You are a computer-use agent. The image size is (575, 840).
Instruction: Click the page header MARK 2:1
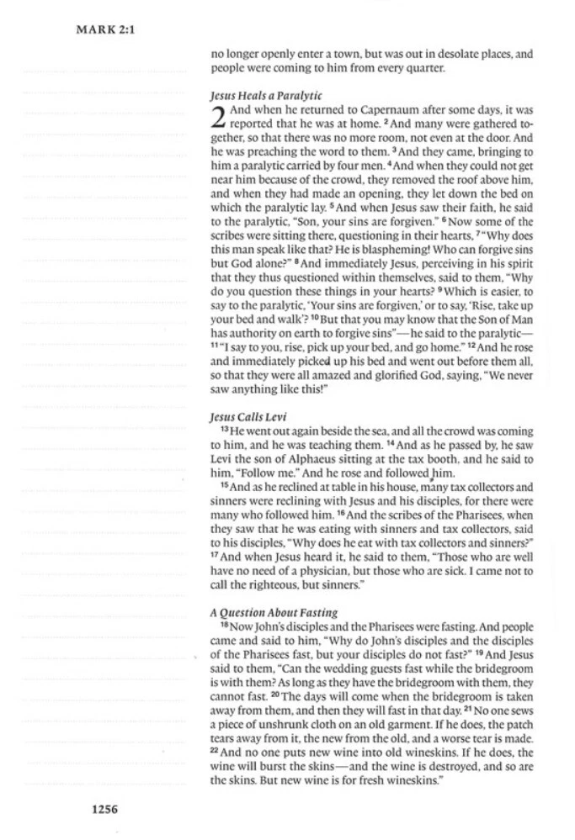[x=106, y=29]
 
